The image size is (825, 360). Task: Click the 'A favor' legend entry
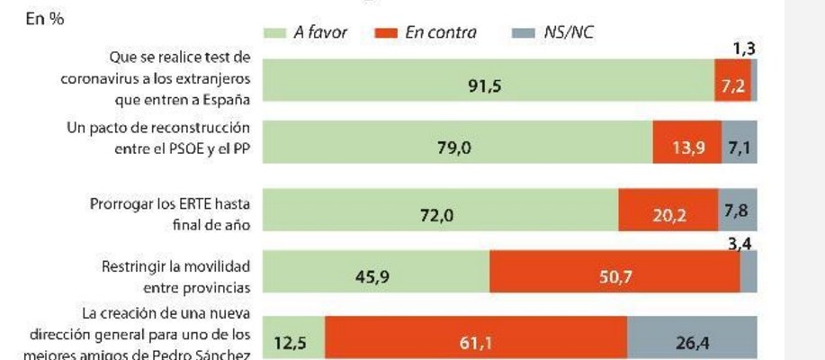coord(308,33)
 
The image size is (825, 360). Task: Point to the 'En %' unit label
coord(44,20)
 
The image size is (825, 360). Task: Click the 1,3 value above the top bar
coord(743,50)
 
